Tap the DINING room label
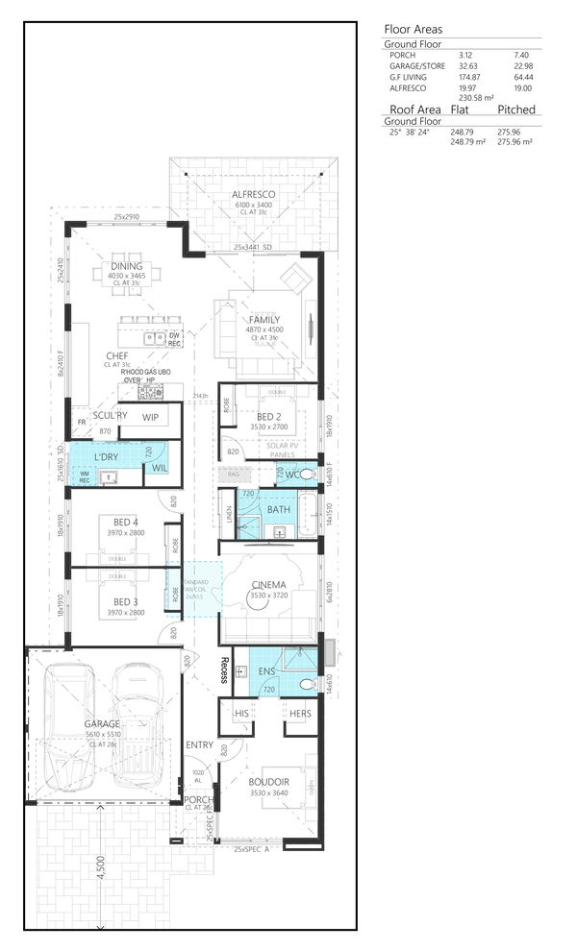[126, 266]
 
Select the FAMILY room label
[264, 320]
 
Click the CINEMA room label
[267, 584]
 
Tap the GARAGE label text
[102, 724]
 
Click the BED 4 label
[120, 522]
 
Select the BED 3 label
[120, 602]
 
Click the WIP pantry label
[151, 417]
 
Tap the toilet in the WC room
[305, 475]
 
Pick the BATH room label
[280, 509]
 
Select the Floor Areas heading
[413, 29]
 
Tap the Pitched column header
[516, 110]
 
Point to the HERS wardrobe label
[300, 714]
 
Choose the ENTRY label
[200, 745]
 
